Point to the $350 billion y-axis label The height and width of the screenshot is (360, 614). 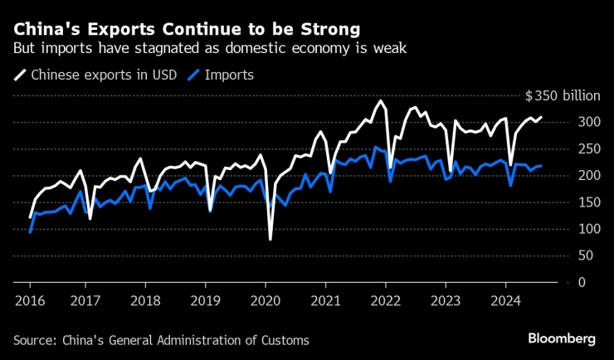coord(562,95)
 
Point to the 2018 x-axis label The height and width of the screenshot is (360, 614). coord(146,300)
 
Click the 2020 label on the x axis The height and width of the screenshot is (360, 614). coord(265,300)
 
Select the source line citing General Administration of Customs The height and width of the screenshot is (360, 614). coord(161,339)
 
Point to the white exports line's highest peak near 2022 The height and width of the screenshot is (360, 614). coord(381,101)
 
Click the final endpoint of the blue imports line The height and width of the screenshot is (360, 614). coord(542,166)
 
